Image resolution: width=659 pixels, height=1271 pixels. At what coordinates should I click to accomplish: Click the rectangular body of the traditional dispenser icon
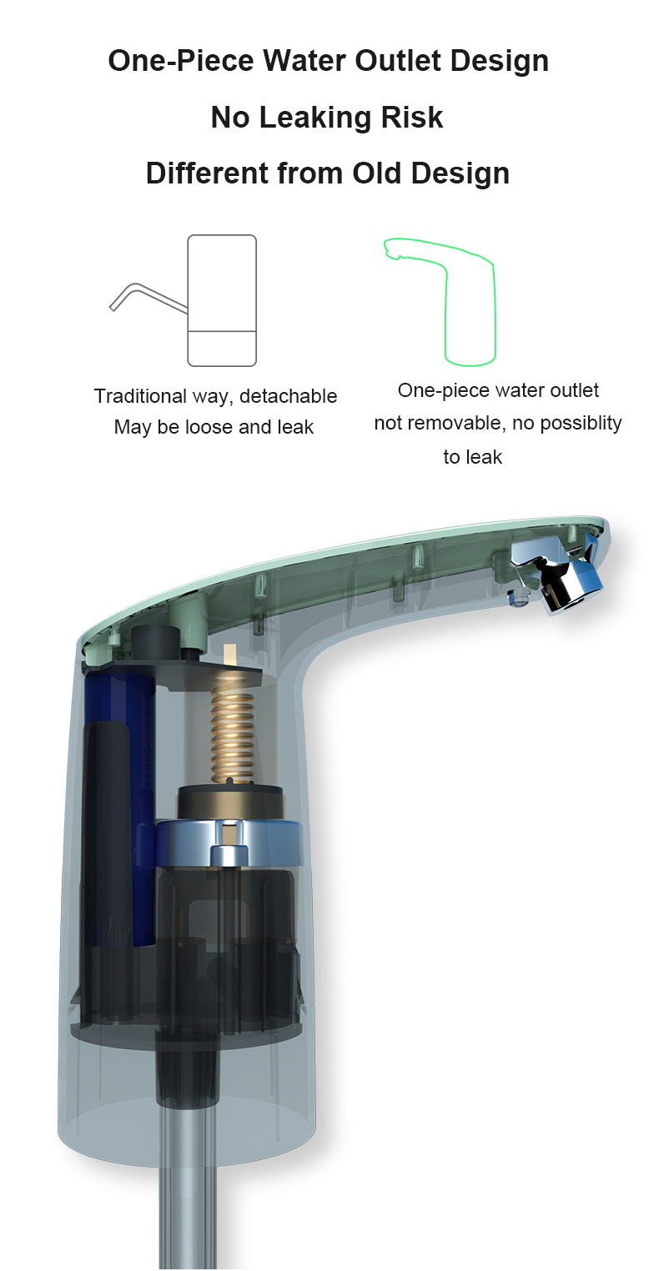[222, 301]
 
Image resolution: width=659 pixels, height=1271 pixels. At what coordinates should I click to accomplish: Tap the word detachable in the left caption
[289, 396]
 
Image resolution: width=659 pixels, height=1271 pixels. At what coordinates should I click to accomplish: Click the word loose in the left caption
[207, 427]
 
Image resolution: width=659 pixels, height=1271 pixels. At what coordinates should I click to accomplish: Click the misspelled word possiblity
[567, 424]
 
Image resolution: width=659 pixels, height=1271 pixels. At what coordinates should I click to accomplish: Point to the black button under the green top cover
[155, 641]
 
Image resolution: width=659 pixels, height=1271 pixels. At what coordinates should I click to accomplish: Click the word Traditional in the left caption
[140, 396]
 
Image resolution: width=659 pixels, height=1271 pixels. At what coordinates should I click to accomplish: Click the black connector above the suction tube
[187, 1068]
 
